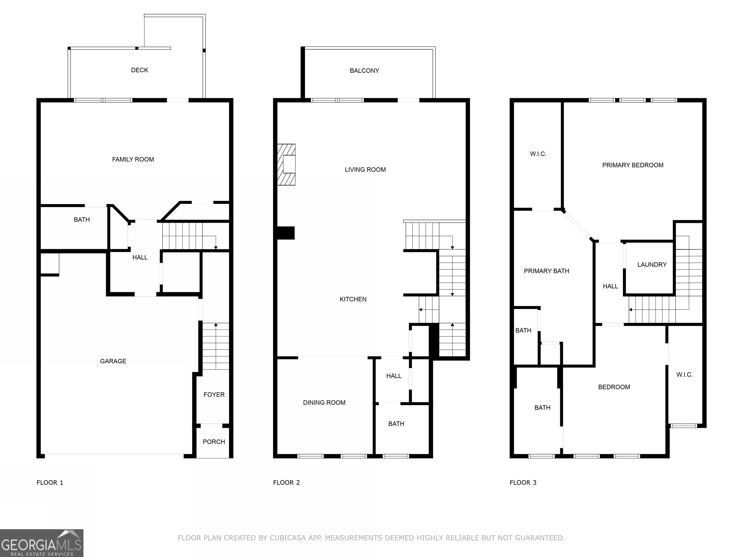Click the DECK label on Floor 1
[x=139, y=70]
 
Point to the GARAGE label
[x=113, y=361]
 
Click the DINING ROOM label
[x=324, y=403]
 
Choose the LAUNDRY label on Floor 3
[x=652, y=264]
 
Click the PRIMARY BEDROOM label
[x=632, y=165]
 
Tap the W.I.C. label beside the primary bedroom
[x=538, y=154]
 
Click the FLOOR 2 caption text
[x=286, y=483]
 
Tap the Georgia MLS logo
[x=41, y=543]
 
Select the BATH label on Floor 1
[x=82, y=220]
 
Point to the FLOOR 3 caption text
[x=523, y=483]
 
